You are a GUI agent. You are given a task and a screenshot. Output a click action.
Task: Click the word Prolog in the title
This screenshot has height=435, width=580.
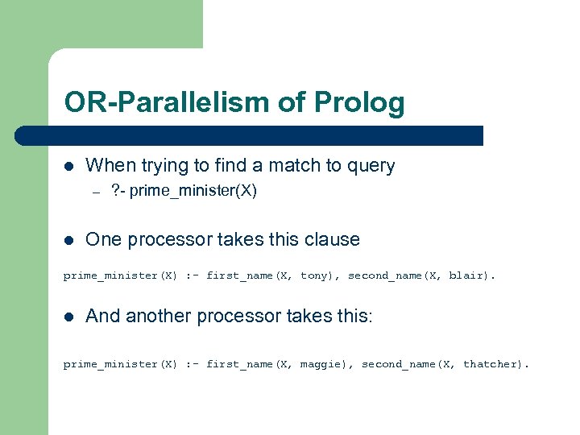(x=362, y=103)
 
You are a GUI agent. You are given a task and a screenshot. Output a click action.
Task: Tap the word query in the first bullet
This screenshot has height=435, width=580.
(x=369, y=166)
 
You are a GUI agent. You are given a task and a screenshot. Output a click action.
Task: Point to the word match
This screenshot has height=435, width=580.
(x=294, y=166)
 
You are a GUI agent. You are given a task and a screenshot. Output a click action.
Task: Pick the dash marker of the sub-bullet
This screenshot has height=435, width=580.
(x=94, y=192)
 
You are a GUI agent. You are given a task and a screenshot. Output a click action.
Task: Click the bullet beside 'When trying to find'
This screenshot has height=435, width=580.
(x=69, y=166)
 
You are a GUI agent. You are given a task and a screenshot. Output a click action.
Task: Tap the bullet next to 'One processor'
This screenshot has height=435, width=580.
(x=69, y=239)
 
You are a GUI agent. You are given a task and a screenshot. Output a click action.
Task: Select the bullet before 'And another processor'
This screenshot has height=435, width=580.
(x=69, y=316)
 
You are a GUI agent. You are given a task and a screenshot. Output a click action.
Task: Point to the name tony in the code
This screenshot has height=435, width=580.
(x=314, y=275)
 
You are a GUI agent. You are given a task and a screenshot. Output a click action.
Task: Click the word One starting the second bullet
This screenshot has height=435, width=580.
(x=103, y=239)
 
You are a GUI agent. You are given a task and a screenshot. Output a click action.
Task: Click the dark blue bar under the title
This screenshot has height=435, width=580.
(x=266, y=135)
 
